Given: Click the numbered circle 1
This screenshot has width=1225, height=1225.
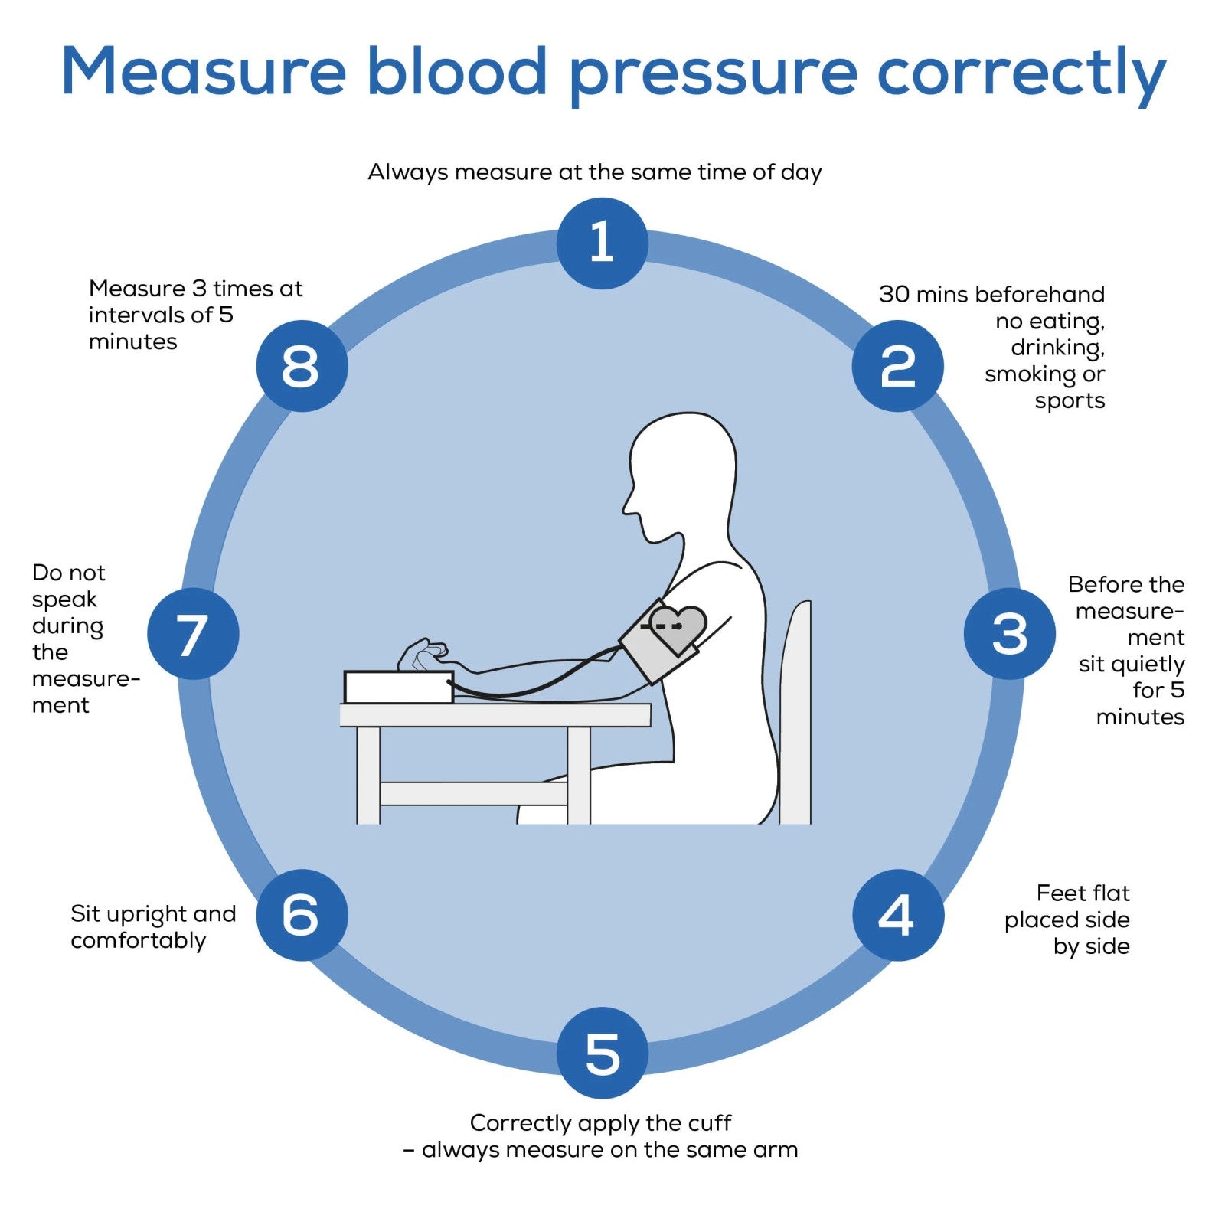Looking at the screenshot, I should point(602,243).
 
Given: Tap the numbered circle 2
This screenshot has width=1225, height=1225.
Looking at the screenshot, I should point(897,366).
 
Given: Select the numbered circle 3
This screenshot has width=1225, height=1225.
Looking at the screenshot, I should point(1009,633).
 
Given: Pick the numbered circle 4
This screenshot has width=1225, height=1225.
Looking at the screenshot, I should point(897,915).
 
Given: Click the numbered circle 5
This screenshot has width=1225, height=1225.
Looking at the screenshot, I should point(602,1053).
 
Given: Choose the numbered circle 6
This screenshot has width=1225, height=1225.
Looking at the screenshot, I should point(302,915).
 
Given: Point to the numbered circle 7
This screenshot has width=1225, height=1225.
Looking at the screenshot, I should point(193,633).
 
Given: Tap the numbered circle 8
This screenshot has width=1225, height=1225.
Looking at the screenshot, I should point(302,366).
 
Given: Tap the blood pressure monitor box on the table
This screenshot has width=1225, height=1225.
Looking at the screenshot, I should point(398,687).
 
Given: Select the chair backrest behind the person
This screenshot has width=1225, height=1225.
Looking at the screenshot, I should point(795,712).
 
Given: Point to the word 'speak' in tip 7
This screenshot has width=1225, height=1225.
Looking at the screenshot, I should point(64,599).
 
